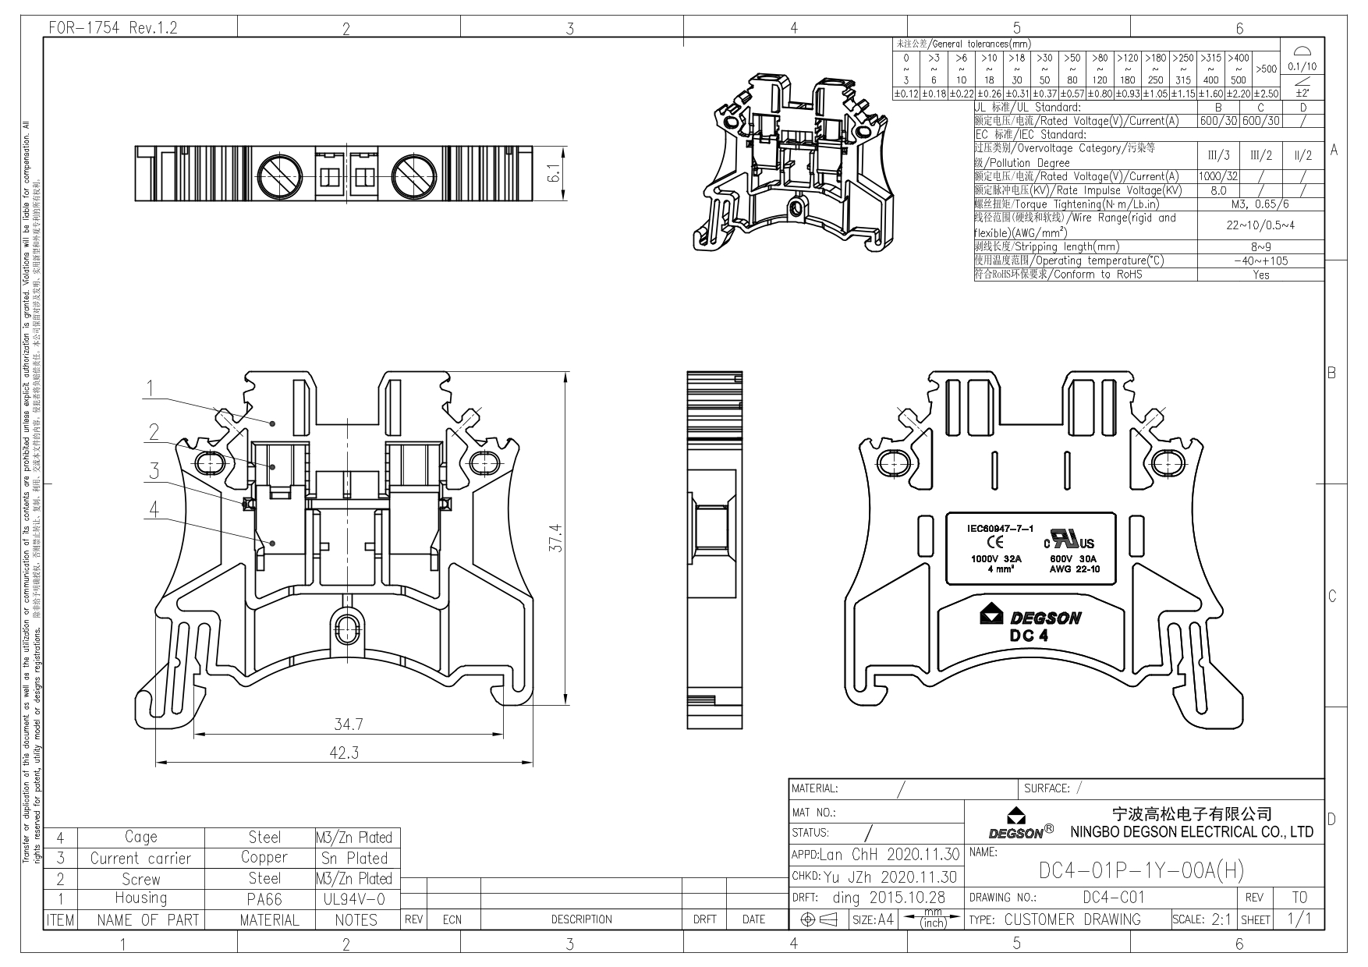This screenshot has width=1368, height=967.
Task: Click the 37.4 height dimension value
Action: (555, 537)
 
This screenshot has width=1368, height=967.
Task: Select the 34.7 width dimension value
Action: (349, 724)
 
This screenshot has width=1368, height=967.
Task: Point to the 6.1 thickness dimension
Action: (554, 173)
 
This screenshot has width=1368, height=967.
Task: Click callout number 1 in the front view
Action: (153, 388)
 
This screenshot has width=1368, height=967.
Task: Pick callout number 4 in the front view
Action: (154, 509)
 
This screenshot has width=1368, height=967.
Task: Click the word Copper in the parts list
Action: (264, 857)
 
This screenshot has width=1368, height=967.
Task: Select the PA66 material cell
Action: (264, 899)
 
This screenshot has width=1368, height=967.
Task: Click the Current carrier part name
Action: (140, 858)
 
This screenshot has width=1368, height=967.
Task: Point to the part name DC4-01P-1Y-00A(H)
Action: (1141, 870)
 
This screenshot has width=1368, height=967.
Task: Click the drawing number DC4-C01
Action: (1114, 898)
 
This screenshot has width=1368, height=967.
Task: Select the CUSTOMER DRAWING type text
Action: (1072, 919)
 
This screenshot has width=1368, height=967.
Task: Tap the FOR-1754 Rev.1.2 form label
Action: (113, 28)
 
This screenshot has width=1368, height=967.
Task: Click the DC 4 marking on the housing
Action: (1029, 636)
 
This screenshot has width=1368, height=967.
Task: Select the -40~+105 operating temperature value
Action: (1260, 260)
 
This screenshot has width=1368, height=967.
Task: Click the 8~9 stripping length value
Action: (1260, 246)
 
